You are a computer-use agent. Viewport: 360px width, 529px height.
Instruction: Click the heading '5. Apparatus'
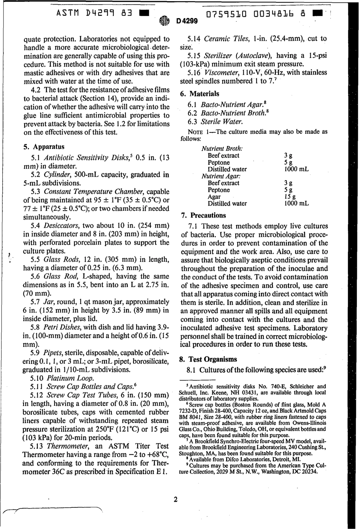44,147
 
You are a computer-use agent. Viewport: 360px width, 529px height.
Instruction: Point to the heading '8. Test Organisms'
209,359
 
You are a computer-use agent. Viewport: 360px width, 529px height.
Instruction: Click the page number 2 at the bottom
175,499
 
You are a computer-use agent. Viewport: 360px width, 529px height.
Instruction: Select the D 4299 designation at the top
187,21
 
